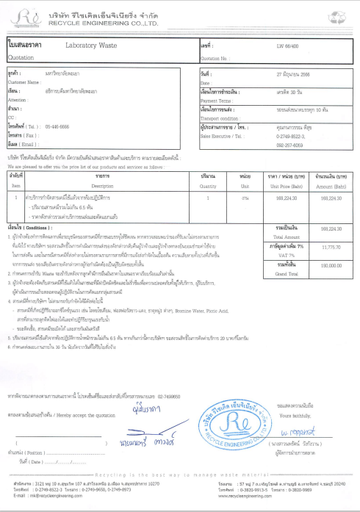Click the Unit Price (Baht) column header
tap(283, 167)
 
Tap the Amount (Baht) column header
tap(333, 167)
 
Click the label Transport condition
tap(219, 117)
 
